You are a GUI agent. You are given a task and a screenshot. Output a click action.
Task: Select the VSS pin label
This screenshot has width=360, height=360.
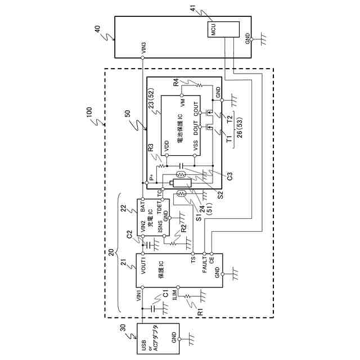tap(195, 146)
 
